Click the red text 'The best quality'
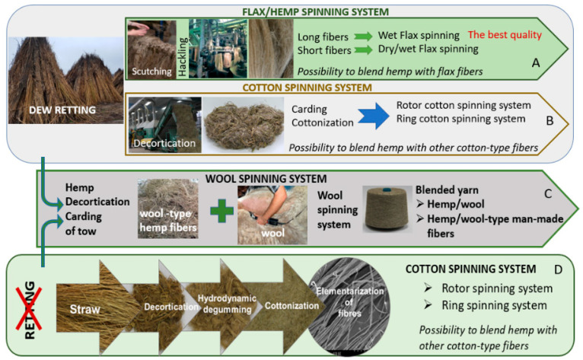[504, 34]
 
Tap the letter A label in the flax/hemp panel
[535, 65]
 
